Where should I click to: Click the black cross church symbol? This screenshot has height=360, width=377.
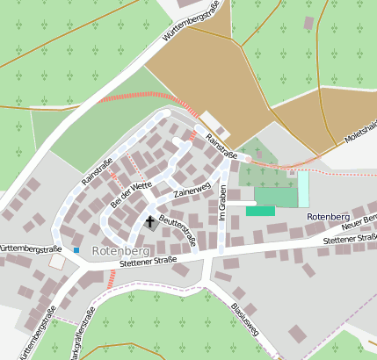149,222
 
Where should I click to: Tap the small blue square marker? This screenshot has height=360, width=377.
76,250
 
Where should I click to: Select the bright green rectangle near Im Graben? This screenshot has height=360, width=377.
260,211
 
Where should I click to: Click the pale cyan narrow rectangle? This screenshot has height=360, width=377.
303,189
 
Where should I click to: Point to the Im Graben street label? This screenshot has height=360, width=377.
223,203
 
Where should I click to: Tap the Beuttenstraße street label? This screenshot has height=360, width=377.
178,230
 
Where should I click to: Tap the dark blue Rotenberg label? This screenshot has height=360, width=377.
329,216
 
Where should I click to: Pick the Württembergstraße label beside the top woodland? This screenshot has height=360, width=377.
191,27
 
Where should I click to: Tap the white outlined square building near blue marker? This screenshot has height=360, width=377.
58,261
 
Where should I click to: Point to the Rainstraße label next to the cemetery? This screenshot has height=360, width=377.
221,144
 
